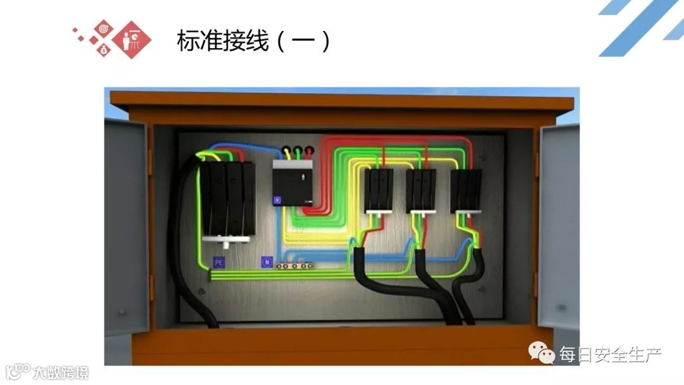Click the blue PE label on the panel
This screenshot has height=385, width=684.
click(219, 262)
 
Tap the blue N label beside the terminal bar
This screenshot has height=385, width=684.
click(267, 262)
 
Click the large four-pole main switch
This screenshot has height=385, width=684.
click(226, 199)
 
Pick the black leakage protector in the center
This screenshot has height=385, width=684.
click(293, 183)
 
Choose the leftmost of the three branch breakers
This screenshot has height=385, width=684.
click(378, 190)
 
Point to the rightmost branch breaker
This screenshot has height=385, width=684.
click(465, 190)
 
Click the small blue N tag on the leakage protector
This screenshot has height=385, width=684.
click(277, 200)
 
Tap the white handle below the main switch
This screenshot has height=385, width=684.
click(224, 241)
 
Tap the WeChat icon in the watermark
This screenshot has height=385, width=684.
click(543, 353)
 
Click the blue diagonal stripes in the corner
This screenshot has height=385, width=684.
click(640, 28)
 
